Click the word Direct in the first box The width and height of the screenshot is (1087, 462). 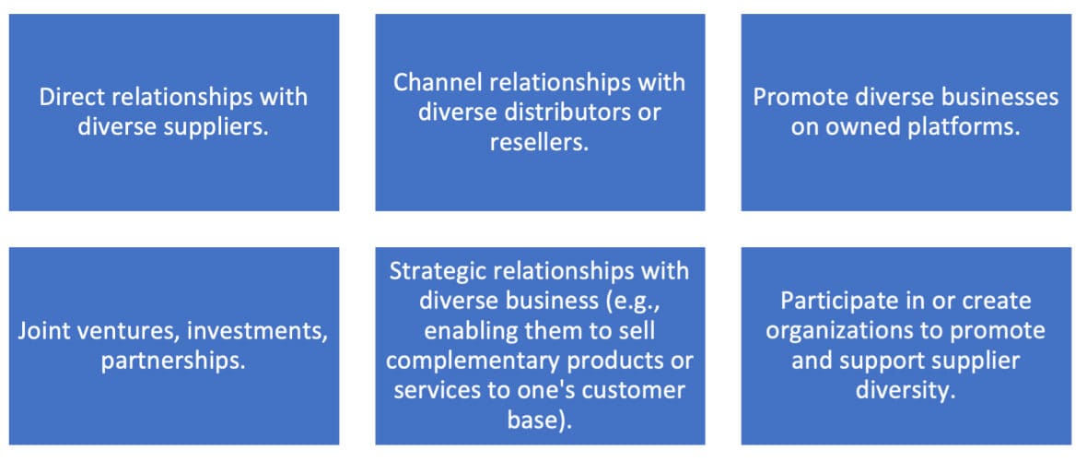71,97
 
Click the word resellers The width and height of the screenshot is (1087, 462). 539,143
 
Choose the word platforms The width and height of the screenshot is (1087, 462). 961,127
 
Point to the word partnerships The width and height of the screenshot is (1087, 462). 173,361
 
